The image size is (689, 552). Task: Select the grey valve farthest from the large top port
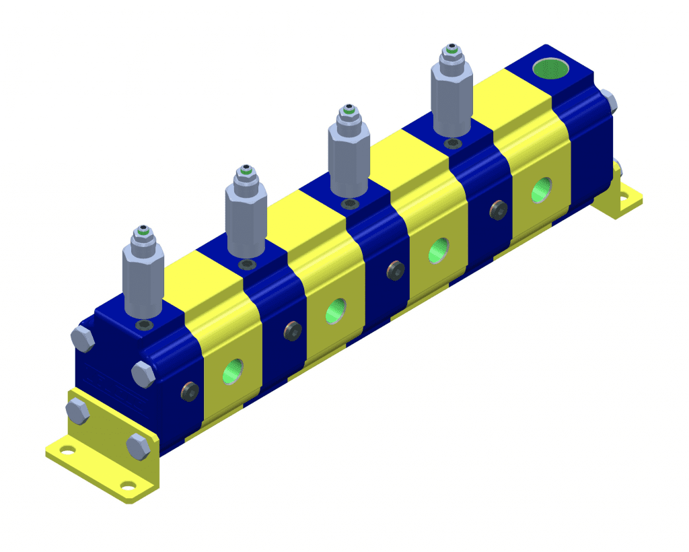tap(143, 276)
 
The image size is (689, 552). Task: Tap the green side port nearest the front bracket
tap(234, 371)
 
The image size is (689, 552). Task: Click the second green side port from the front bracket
tap(334, 311)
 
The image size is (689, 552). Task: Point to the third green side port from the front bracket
tap(438, 250)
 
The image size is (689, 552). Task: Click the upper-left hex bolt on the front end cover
tap(82, 339)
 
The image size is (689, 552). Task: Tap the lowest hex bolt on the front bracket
tap(138, 447)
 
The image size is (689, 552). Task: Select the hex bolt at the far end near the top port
tap(610, 100)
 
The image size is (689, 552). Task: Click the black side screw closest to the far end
tap(499, 210)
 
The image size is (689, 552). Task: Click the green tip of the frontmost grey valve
tap(143, 231)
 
